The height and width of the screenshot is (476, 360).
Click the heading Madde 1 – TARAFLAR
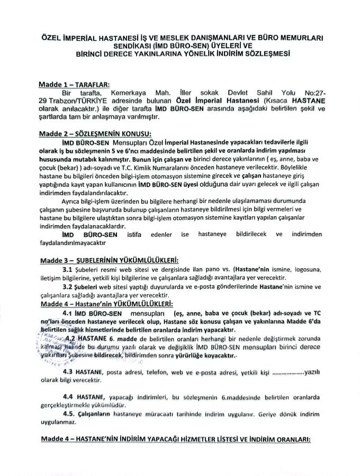point(73,84)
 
